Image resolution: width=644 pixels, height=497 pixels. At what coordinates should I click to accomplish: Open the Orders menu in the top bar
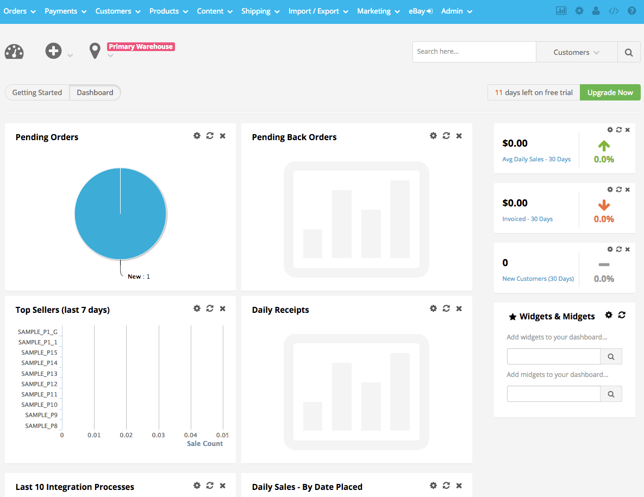click(x=20, y=11)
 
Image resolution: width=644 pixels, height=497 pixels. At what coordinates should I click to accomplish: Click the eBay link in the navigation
click(x=421, y=11)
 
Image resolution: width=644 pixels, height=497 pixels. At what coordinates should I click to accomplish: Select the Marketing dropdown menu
click(x=378, y=11)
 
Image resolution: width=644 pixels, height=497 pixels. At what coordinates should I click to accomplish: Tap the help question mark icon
click(x=632, y=11)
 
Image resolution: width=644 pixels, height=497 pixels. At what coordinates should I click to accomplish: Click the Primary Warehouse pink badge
click(x=141, y=47)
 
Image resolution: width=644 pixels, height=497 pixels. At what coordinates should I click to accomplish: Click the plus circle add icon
click(x=53, y=51)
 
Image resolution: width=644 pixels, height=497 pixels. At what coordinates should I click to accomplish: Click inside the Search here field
click(x=474, y=52)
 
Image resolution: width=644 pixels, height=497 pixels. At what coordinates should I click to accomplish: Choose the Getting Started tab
click(x=37, y=92)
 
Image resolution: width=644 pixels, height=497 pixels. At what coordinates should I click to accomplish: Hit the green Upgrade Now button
click(x=610, y=92)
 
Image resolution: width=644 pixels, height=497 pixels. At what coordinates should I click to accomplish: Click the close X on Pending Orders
click(x=223, y=136)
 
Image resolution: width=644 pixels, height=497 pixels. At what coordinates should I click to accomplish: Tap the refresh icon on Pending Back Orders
click(x=446, y=136)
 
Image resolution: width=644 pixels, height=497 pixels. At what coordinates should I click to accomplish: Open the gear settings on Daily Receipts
click(x=433, y=308)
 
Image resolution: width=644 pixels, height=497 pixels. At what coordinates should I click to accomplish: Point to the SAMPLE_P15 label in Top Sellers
click(x=40, y=353)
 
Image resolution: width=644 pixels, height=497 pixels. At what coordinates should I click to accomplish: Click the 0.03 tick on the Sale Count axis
click(x=158, y=435)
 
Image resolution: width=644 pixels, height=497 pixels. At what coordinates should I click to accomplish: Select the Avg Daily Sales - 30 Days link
click(x=536, y=159)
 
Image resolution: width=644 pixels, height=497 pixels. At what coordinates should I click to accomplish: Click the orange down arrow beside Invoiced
click(x=604, y=205)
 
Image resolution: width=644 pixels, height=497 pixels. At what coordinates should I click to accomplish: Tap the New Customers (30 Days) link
click(x=538, y=279)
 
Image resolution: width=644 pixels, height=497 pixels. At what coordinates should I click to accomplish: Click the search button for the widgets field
click(x=611, y=357)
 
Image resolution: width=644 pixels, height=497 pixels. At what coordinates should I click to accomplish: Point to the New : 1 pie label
click(x=139, y=276)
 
